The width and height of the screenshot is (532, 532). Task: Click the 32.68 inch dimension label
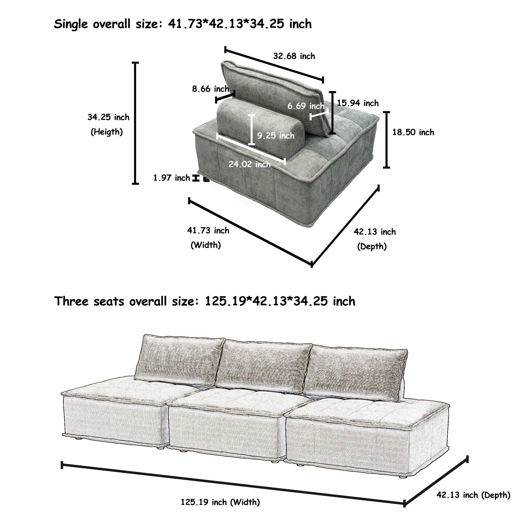pyautogui.click(x=294, y=56)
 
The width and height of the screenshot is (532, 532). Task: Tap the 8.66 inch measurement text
pyautogui.click(x=211, y=89)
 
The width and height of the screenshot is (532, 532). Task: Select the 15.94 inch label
pyautogui.click(x=358, y=103)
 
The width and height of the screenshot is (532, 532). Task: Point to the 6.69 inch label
pyautogui.click(x=306, y=106)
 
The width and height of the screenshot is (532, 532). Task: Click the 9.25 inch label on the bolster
pyautogui.click(x=276, y=136)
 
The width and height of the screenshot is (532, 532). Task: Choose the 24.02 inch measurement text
pyautogui.click(x=250, y=164)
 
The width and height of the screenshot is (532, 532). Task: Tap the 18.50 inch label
pyautogui.click(x=413, y=132)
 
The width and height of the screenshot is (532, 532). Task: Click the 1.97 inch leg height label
pyautogui.click(x=172, y=178)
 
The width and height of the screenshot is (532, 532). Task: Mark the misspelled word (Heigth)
pyautogui.click(x=107, y=132)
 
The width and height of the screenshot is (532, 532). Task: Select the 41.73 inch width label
pyautogui.click(x=208, y=230)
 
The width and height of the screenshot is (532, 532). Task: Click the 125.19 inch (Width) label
pyautogui.click(x=220, y=502)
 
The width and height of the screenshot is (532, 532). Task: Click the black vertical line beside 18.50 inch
pyautogui.click(x=387, y=140)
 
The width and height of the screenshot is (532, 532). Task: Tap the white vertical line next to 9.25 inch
pyautogui.click(x=252, y=130)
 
